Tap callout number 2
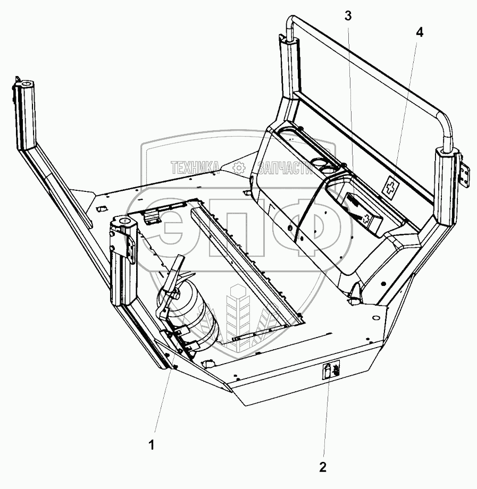322,467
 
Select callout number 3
348,16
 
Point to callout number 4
420,32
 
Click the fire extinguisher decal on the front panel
330,370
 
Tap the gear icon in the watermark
239,168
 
